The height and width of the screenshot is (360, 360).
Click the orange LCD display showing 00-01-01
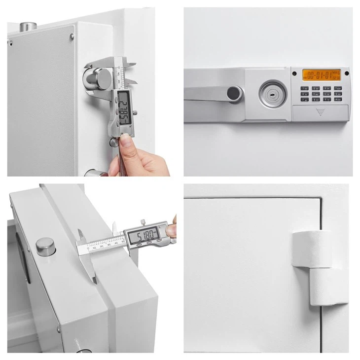[x=321, y=75]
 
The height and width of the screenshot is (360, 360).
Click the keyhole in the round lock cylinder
[x=269, y=92]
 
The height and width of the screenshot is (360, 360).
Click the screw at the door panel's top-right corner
[x=72, y=35]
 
